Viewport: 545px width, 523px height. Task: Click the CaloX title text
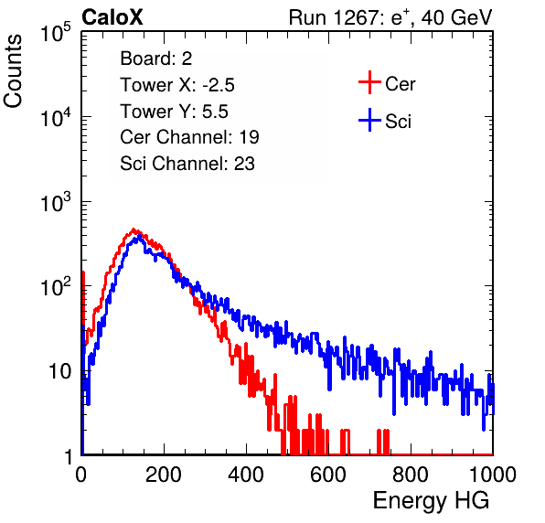pyautogui.click(x=112, y=17)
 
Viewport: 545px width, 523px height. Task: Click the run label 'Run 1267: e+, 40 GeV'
pyautogui.click(x=390, y=17)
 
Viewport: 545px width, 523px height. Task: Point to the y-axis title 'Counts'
pyautogui.click(x=13, y=71)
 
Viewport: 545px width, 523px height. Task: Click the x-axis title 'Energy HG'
pyautogui.click(x=431, y=501)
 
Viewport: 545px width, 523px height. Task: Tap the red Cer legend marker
pyautogui.click(x=369, y=82)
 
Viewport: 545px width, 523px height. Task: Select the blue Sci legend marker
pyautogui.click(x=369, y=120)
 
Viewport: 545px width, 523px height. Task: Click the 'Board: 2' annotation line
pyautogui.click(x=156, y=59)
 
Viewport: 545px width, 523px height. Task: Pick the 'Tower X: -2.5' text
pyautogui.click(x=177, y=85)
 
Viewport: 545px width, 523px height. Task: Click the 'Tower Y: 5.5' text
pyautogui.click(x=174, y=112)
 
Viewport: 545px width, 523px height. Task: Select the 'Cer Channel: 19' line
pyautogui.click(x=189, y=137)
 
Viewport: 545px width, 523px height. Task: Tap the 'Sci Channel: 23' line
pyautogui.click(x=187, y=164)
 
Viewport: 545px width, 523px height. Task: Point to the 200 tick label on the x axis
pyautogui.click(x=164, y=475)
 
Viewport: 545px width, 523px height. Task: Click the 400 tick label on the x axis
pyautogui.click(x=246, y=475)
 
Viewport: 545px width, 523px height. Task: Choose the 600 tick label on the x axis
pyautogui.click(x=328, y=475)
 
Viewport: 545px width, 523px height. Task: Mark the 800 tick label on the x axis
pyautogui.click(x=411, y=475)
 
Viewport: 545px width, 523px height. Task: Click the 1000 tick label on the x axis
pyautogui.click(x=493, y=475)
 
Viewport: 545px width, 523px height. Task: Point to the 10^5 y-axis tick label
pyautogui.click(x=56, y=32)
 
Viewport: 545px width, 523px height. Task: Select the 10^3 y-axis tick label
pyautogui.click(x=56, y=202)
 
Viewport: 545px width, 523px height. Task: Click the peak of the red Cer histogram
pyautogui.click(x=134, y=229)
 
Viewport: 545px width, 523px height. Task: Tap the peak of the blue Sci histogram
pyautogui.click(x=139, y=236)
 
